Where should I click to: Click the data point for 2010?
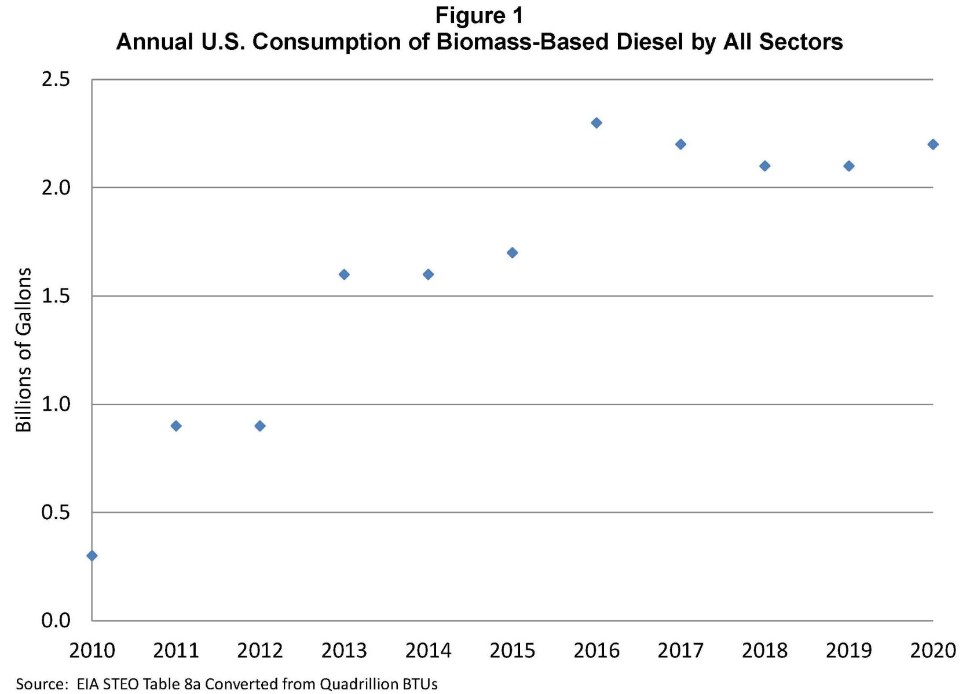coord(92,556)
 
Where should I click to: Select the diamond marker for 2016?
coord(597,123)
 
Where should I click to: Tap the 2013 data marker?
coord(344,275)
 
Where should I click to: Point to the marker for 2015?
coord(512,253)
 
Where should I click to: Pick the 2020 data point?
coord(932,144)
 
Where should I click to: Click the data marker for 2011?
coord(176,426)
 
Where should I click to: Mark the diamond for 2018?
coord(764,166)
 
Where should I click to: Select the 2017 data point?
coord(680,144)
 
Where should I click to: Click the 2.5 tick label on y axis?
coord(56,79)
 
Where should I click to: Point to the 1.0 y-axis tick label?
coord(56,404)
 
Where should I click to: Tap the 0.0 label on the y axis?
coord(56,620)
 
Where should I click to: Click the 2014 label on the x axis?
coord(428,651)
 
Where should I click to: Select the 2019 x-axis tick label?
coord(848,651)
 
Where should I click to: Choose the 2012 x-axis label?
coord(260,651)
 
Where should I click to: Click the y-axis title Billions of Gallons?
coord(23,350)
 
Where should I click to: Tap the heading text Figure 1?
coord(479,16)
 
